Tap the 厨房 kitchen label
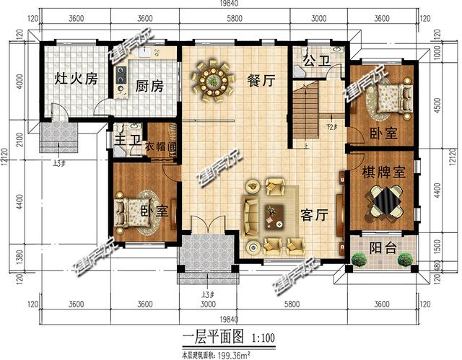[x=149, y=87]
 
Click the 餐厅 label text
[x=260, y=81]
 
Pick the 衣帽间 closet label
[x=161, y=147]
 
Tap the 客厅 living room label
[x=314, y=214]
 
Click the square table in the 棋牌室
[x=383, y=201]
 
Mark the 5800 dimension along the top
[x=233, y=19]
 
